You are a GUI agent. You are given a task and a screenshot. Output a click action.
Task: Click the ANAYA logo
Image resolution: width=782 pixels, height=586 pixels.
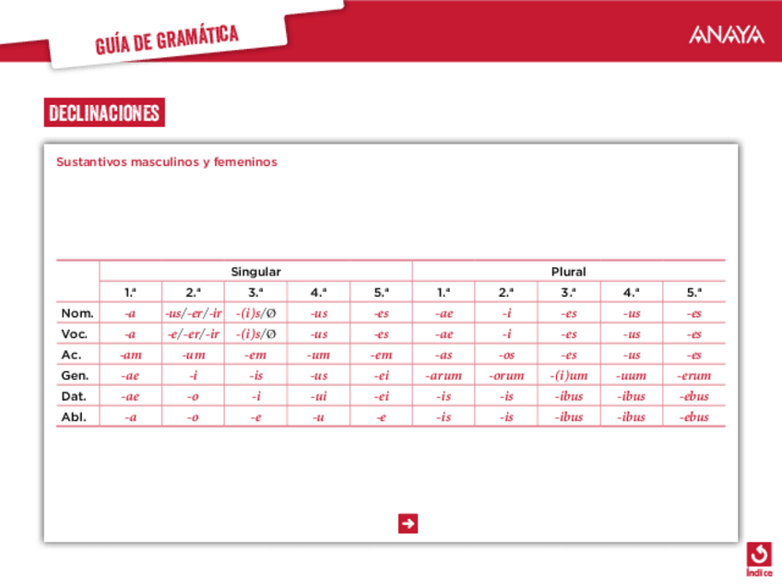coord(726,35)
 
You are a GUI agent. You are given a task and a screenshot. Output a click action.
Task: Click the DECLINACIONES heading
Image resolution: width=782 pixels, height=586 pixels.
coord(104,113)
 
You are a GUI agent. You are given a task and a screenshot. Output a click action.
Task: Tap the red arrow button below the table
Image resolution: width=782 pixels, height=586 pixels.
coord(408,523)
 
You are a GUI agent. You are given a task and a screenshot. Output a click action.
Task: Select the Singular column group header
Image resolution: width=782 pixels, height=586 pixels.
coord(255,272)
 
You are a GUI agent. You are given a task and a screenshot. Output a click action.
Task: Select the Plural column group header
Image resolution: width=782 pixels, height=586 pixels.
coord(568,272)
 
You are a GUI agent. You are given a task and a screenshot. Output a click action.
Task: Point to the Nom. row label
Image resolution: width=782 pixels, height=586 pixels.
coord(77,313)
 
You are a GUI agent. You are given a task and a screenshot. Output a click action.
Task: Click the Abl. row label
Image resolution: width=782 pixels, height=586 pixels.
coord(75,416)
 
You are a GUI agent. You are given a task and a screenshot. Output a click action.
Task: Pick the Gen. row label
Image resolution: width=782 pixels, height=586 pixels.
coord(75,375)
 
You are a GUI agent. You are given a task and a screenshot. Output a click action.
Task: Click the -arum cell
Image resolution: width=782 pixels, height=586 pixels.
coord(444,375)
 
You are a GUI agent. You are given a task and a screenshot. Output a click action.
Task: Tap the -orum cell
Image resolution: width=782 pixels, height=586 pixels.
coord(506,375)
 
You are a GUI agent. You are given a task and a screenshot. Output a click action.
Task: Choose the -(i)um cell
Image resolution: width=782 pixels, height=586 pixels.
coord(569,375)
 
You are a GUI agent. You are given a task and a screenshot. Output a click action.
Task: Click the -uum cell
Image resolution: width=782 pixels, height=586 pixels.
coord(632,375)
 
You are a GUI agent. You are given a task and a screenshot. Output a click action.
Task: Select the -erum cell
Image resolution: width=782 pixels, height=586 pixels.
coord(693,375)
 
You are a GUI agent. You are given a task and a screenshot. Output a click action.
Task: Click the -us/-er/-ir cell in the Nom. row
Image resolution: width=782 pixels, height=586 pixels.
coord(193,313)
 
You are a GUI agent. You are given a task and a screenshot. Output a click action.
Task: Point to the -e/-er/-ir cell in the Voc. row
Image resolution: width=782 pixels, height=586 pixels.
coord(193,334)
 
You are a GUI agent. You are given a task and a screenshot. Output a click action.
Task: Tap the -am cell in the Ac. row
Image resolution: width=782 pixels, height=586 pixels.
coord(130,355)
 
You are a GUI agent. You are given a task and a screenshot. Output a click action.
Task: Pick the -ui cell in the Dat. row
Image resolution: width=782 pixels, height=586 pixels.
coord(318,396)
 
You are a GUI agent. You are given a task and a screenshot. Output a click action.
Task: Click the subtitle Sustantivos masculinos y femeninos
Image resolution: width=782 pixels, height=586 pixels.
coord(166,161)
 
